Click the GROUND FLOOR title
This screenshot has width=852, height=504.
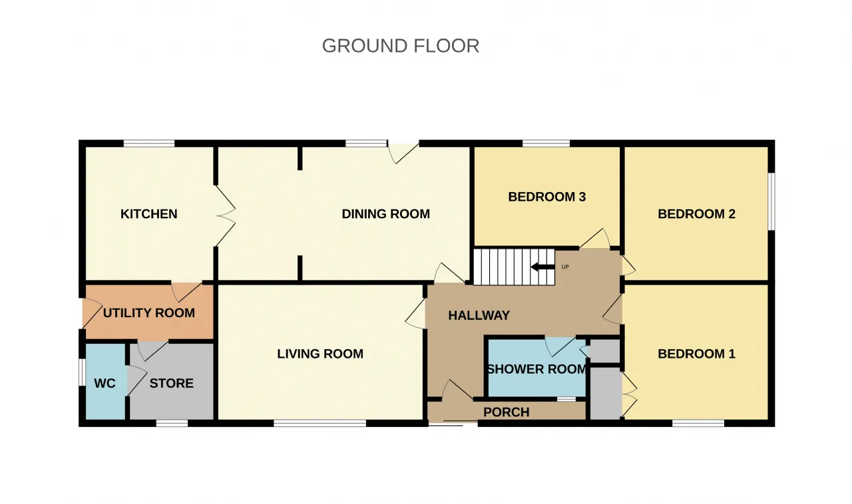click(x=401, y=46)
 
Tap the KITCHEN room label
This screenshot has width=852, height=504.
click(x=148, y=214)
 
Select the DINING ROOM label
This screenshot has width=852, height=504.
click(x=385, y=214)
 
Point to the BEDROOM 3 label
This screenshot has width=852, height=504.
click(x=547, y=197)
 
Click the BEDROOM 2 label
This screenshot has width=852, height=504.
click(x=696, y=214)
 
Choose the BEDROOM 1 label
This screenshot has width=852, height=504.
click(x=696, y=354)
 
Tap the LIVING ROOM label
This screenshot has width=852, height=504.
click(x=320, y=354)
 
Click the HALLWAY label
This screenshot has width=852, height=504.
click(x=479, y=315)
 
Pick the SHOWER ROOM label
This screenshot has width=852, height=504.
click(x=536, y=369)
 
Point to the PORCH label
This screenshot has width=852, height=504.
click(x=507, y=412)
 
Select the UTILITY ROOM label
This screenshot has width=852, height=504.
click(x=148, y=313)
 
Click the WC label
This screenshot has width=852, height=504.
click(x=105, y=383)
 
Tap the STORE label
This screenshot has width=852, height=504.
click(x=171, y=383)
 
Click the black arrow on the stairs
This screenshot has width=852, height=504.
click(x=542, y=267)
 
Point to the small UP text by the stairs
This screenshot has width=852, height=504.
click(x=565, y=267)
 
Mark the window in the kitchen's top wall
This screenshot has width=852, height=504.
click(x=149, y=144)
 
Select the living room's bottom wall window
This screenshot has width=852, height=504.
click(x=320, y=423)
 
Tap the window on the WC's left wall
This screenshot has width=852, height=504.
click(x=82, y=372)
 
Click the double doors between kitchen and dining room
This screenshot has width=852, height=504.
click(x=226, y=215)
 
